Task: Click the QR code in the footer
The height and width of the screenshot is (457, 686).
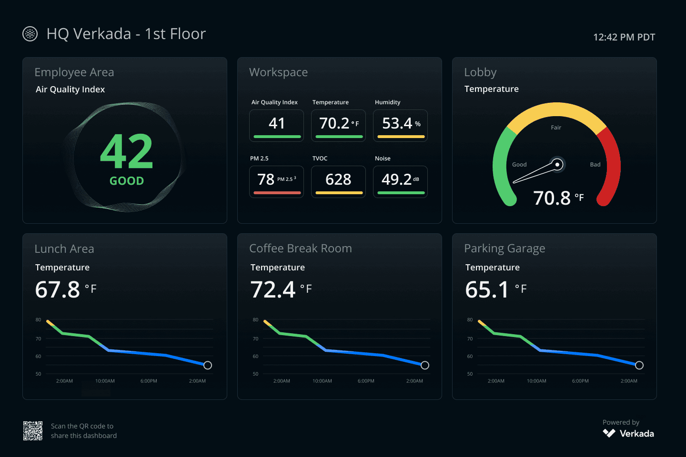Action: [x=33, y=431]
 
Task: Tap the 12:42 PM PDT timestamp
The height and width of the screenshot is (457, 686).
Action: [x=624, y=37]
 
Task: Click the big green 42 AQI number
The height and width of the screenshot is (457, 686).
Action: [x=127, y=152]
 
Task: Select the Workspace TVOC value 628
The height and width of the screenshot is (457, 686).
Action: [x=338, y=179]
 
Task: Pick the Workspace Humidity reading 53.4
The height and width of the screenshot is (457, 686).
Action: [x=397, y=123]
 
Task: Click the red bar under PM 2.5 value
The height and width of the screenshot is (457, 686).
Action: [x=277, y=193]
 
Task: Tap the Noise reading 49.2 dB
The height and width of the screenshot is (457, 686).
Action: [x=397, y=179]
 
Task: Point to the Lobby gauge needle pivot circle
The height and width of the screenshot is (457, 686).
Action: [x=557, y=165]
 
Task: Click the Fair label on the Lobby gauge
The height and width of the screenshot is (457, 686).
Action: [x=556, y=128]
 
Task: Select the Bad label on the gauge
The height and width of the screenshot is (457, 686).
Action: [x=595, y=165]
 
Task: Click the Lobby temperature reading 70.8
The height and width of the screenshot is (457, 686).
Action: [x=552, y=198]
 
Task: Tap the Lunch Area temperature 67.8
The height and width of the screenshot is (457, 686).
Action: [x=58, y=289]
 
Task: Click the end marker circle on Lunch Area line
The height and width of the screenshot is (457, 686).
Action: [x=208, y=365]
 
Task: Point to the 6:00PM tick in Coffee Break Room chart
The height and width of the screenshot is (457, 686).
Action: [x=366, y=381]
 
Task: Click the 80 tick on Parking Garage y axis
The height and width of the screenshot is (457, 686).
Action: [x=470, y=320]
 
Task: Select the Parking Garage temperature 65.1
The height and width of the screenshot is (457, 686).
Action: [x=487, y=289]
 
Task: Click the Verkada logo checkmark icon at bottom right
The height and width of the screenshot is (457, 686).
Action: [x=609, y=433]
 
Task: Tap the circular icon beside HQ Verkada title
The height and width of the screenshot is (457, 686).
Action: [x=30, y=34]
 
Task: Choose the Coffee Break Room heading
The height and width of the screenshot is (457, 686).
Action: [x=301, y=248]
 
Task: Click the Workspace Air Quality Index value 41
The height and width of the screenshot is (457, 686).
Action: [x=277, y=123]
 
